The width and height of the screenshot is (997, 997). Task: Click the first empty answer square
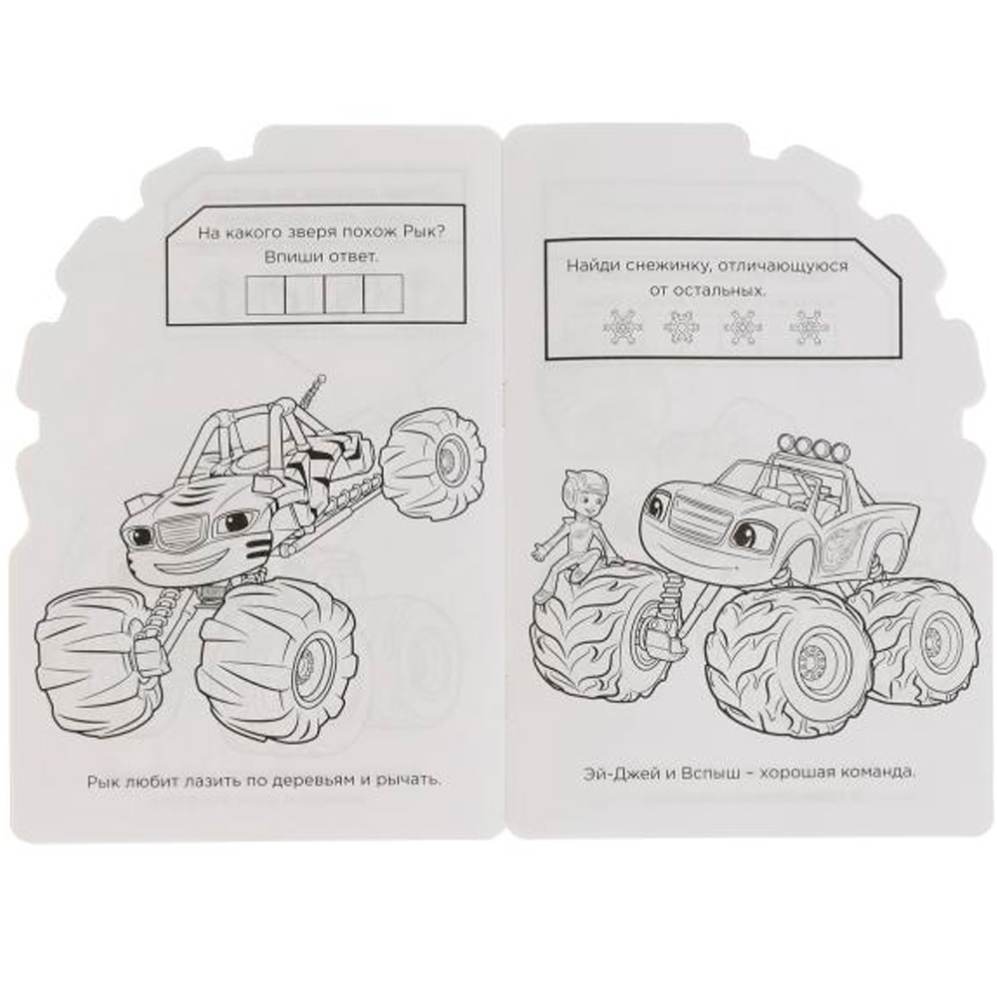click(266, 294)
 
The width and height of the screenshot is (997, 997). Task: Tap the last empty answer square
click(384, 294)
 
